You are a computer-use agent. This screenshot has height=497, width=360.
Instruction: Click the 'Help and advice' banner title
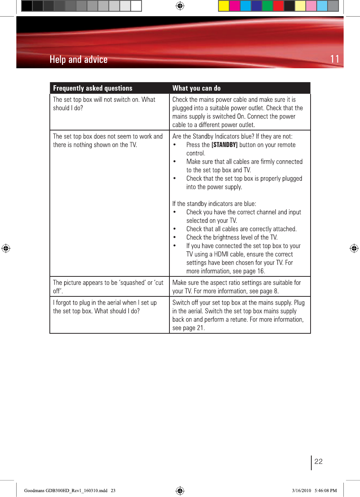[78, 60]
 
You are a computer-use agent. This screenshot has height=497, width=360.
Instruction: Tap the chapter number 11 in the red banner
[334, 59]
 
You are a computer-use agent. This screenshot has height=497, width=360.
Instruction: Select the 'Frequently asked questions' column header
[92, 88]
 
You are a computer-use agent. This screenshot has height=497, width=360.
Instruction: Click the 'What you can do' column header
[196, 88]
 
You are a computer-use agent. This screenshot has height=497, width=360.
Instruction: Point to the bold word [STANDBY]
[224, 145]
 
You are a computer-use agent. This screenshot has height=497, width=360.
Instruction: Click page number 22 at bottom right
[318, 462]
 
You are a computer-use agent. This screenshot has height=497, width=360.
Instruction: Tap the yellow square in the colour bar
[224, 6]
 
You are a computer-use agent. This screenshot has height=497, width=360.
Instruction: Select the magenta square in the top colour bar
[235, 6]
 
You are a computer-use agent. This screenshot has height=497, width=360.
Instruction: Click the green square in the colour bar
[267, 6]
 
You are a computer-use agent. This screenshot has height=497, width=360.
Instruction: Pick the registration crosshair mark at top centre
[180, 6]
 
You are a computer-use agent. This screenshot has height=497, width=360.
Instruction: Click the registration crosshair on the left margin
[6, 248]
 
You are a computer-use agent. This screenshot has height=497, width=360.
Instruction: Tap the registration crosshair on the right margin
[354, 248]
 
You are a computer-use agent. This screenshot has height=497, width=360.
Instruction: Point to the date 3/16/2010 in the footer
[301, 491]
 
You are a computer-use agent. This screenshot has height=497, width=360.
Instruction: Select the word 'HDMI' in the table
[221, 254]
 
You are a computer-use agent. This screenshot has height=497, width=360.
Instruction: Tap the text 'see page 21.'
[188, 328]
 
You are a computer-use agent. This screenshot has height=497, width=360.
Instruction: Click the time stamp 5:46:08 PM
[326, 491]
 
